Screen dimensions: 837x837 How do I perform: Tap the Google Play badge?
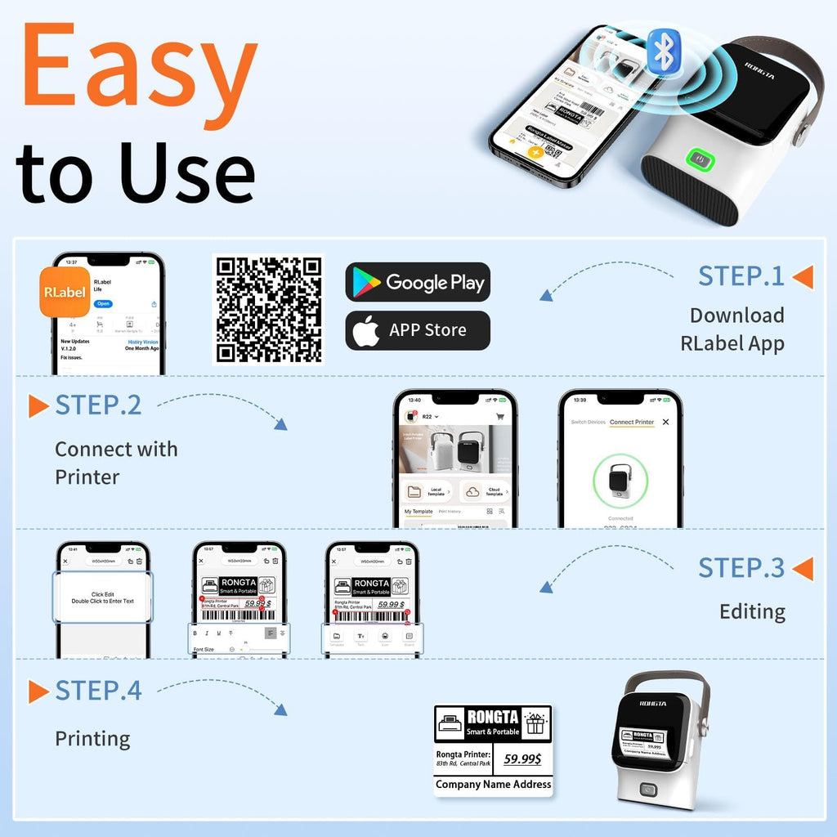(418, 283)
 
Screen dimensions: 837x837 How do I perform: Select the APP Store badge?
(418, 330)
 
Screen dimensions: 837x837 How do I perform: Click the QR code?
(268, 309)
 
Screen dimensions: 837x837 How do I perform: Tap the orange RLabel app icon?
(64, 292)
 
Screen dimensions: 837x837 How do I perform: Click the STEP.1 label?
(741, 276)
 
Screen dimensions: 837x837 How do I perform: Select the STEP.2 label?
(98, 405)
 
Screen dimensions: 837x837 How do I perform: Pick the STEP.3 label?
(741, 568)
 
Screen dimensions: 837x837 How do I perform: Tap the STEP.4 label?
(98, 691)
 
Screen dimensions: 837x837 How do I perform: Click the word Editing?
(752, 611)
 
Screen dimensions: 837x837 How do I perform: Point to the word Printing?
(92, 739)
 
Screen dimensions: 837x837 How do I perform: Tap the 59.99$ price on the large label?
(521, 759)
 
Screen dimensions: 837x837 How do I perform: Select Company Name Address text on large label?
(493, 784)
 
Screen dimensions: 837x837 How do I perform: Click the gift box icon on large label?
(536, 723)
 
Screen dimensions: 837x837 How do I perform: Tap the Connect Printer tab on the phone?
(632, 422)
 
